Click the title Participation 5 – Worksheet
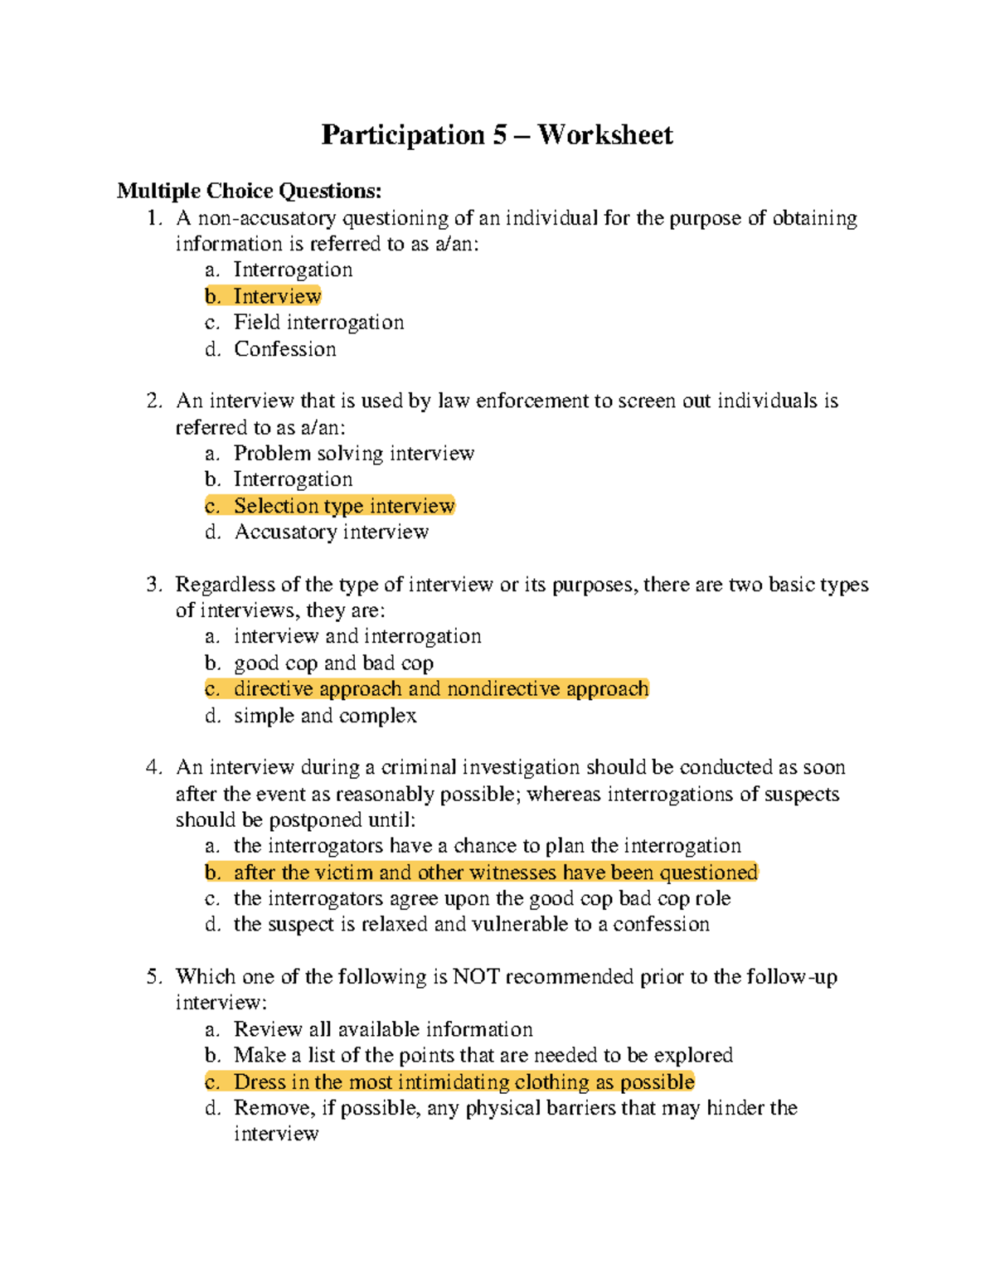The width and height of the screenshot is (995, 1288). pyautogui.click(x=497, y=134)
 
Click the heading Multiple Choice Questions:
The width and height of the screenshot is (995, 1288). pyautogui.click(x=249, y=191)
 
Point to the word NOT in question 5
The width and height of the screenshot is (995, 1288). pyautogui.click(x=476, y=977)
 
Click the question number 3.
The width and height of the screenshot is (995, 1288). pyautogui.click(x=153, y=585)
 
